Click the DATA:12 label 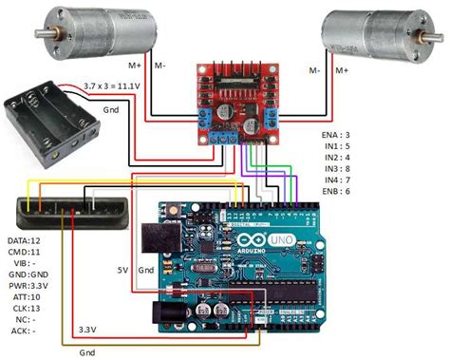25,243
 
